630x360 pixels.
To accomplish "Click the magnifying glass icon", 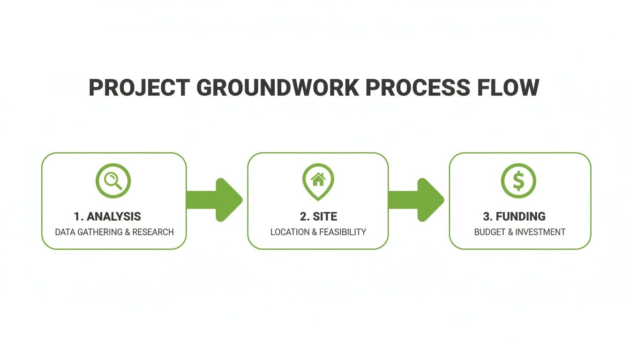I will [113, 180].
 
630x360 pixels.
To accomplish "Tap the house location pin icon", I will [318, 181].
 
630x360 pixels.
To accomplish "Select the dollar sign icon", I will [518, 180].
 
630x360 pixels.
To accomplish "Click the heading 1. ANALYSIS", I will [107, 217].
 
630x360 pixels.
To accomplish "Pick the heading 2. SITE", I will [318, 217].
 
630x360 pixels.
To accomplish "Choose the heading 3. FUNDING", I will [514, 217].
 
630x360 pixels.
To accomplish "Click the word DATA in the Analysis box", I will [65, 232].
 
